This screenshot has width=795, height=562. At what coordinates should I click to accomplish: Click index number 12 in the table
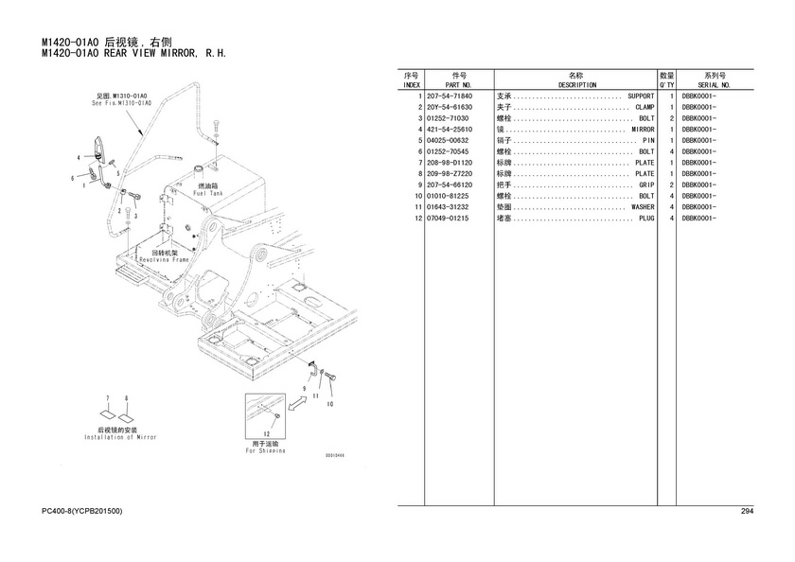coord(415,218)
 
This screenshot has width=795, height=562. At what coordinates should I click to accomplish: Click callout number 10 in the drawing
coord(330,404)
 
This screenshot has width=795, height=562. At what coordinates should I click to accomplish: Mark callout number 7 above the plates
coord(108,398)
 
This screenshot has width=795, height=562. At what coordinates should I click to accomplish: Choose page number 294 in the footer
coord(746,512)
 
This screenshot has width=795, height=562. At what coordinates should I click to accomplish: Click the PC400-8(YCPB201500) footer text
coord(82,512)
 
